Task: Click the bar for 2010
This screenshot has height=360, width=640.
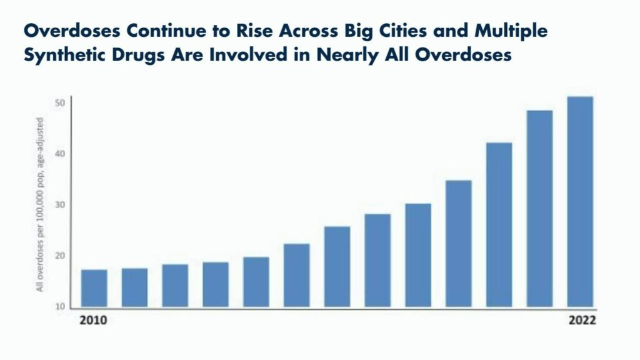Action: [x=94, y=288]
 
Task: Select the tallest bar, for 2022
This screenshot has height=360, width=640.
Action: [x=580, y=202]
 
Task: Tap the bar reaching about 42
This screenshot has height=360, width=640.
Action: [x=499, y=225]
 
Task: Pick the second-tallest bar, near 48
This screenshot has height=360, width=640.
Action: [x=539, y=209]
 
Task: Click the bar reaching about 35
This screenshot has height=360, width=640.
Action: [x=459, y=244]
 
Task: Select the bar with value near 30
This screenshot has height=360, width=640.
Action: [x=418, y=255]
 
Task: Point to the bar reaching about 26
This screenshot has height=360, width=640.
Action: [x=337, y=266]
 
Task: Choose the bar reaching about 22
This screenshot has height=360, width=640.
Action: [x=297, y=275]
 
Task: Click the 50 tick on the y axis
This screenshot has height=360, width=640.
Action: [x=60, y=103]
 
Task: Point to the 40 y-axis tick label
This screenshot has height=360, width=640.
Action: [x=60, y=154]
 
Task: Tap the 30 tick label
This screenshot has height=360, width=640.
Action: [x=60, y=205]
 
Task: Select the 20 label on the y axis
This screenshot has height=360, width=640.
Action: [x=60, y=256]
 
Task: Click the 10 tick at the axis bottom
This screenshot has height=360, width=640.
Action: [x=60, y=306]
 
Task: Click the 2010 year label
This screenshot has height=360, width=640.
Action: [x=93, y=321]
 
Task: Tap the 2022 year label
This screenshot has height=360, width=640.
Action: [x=582, y=321]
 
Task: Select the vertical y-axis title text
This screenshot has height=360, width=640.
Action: [x=39, y=204]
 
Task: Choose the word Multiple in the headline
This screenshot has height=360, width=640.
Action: [x=511, y=31]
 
